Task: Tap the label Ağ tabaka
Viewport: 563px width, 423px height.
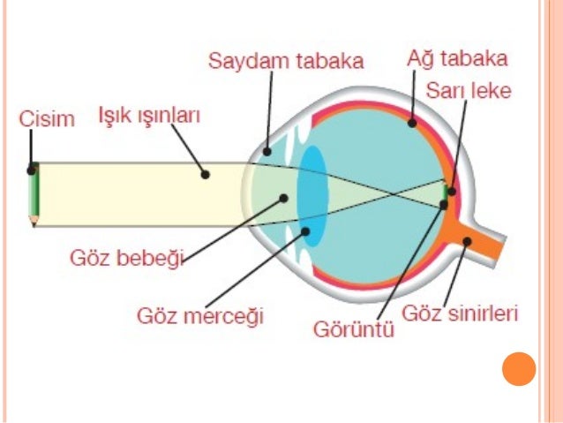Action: pyautogui.click(x=457, y=60)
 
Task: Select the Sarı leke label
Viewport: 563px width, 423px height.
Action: pyautogui.click(x=468, y=92)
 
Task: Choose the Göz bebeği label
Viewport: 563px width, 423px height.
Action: pyautogui.click(x=127, y=259)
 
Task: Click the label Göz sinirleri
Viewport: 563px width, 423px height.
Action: pyautogui.click(x=459, y=313)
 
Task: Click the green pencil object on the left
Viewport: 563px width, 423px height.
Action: pyautogui.click(x=33, y=193)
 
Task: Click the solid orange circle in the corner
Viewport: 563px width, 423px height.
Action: pyautogui.click(x=519, y=369)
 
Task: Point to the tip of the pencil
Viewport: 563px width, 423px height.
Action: pyautogui.click(x=34, y=223)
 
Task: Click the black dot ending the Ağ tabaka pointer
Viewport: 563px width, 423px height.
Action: pyautogui.click(x=412, y=124)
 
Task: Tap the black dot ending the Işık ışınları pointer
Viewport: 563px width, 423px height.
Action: pyautogui.click(x=206, y=174)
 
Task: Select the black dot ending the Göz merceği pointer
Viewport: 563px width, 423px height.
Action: pyautogui.click(x=306, y=232)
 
